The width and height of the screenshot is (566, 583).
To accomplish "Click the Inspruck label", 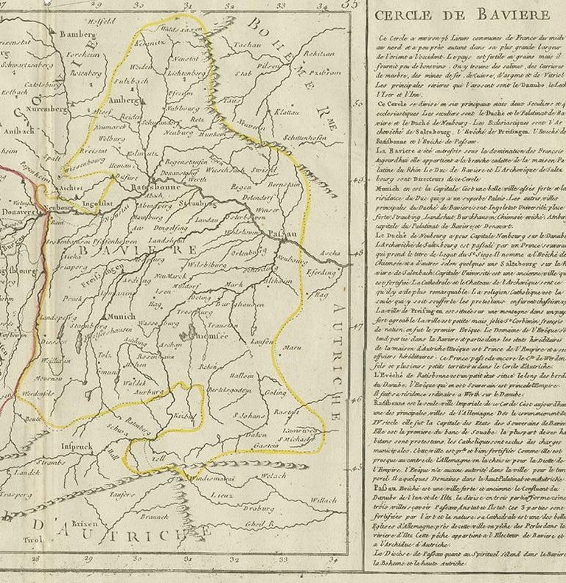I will click(77, 447).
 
